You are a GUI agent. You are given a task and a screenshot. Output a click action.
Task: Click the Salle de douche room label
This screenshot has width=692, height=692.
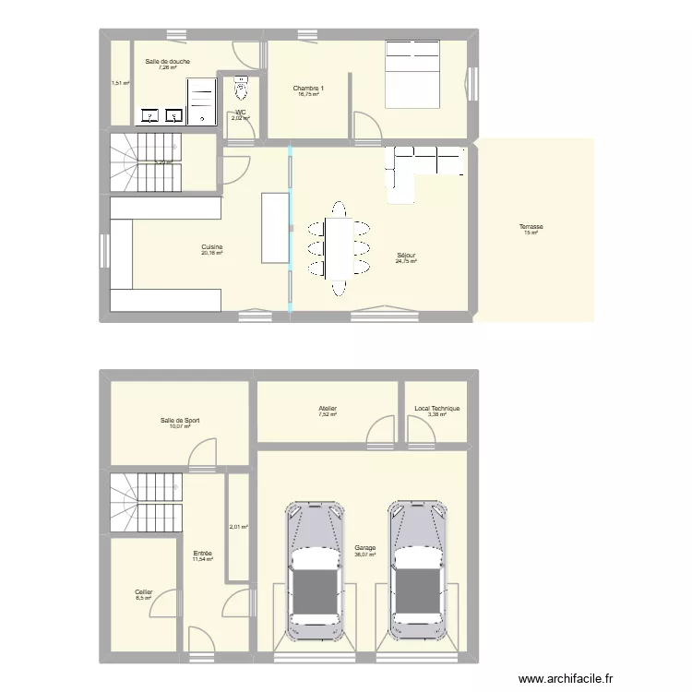(167, 61)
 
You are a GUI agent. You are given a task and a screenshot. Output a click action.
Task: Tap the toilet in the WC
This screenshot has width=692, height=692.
(242, 88)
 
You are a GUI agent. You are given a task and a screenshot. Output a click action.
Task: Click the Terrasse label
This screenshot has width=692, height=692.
(531, 226)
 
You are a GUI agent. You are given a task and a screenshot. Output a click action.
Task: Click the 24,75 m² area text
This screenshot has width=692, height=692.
(406, 262)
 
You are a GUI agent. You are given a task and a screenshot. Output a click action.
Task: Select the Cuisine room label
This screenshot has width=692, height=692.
(213, 246)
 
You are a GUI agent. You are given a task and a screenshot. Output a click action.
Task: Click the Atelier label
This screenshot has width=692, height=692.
(328, 409)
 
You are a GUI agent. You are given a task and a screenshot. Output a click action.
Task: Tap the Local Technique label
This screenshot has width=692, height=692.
(436, 409)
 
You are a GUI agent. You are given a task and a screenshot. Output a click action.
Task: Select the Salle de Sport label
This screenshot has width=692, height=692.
(180, 420)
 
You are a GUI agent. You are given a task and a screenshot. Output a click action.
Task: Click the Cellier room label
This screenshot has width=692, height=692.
(143, 591)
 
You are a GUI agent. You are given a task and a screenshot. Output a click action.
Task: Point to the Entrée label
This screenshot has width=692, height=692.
(203, 553)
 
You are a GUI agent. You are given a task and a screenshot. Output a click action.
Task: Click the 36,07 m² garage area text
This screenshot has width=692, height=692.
(364, 555)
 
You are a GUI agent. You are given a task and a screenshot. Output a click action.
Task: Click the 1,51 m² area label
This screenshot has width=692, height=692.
(120, 83)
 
